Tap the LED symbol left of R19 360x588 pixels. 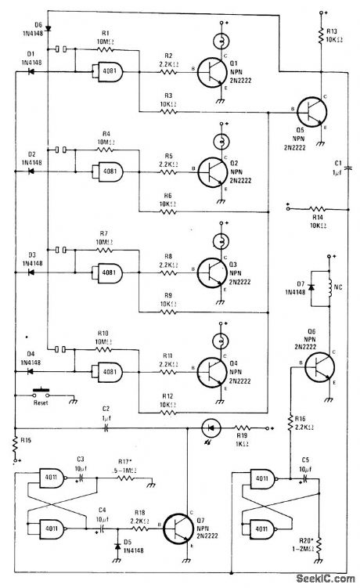[x=209, y=428]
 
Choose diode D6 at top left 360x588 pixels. [x=48, y=27]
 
